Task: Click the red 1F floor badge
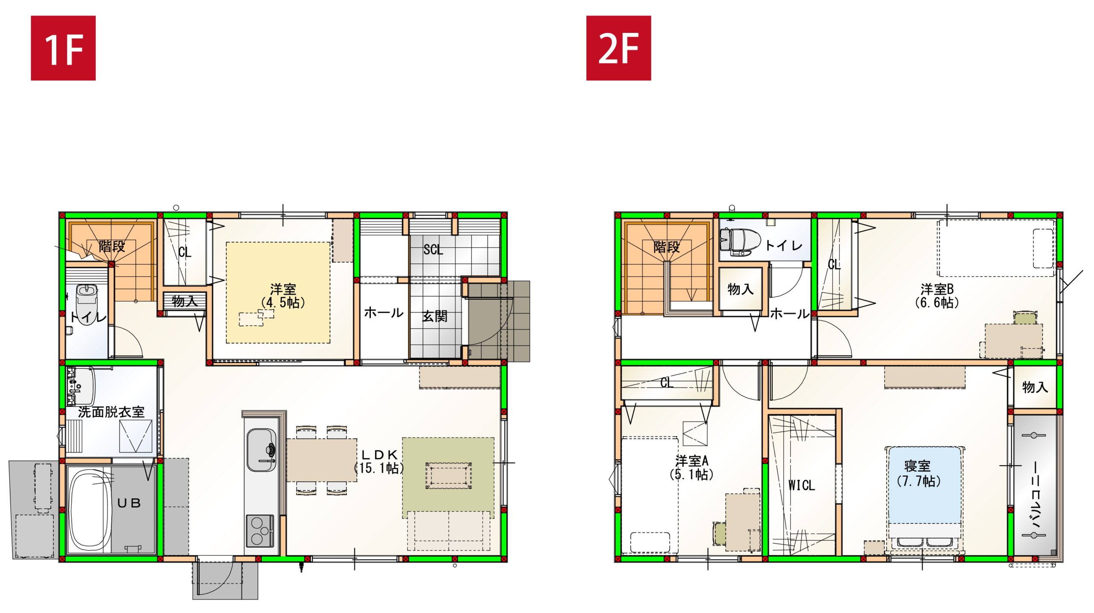63,48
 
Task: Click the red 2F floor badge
618,48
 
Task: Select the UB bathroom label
129,503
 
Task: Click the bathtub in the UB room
91,510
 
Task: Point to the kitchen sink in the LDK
261,451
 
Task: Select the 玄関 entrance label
435,316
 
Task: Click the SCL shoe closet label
433,250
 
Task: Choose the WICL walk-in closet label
801,485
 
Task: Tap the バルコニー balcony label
1035,496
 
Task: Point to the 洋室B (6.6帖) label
937,296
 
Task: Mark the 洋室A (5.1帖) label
691,467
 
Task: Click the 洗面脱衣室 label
111,412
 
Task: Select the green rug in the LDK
448,477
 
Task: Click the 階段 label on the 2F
666,247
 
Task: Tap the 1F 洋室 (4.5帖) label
282,296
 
